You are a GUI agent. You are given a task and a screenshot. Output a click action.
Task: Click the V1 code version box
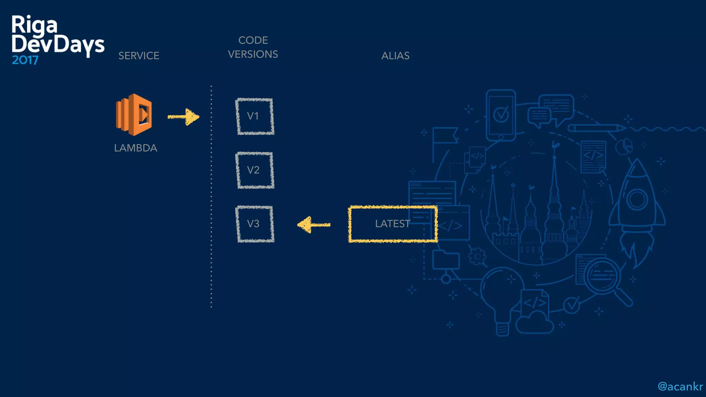click(x=255, y=116)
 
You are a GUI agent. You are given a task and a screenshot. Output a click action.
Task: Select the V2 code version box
click(x=255, y=170)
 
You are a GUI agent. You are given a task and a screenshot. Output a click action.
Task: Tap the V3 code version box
click(x=255, y=224)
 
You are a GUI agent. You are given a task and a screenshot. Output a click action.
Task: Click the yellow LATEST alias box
click(x=393, y=224)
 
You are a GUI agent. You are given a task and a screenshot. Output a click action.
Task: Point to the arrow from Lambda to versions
click(x=184, y=117)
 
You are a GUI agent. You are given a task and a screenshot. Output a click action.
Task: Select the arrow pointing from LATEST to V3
click(x=313, y=225)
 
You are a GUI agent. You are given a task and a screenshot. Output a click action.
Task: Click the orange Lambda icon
click(x=134, y=114)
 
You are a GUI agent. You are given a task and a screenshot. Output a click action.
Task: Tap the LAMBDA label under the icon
click(x=135, y=148)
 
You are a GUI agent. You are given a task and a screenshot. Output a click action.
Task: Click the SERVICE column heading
click(x=139, y=56)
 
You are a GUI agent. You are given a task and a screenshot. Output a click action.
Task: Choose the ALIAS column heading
click(x=395, y=56)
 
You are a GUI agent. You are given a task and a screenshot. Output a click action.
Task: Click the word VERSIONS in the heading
click(x=253, y=54)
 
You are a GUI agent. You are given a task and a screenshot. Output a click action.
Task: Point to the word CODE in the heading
click(x=253, y=40)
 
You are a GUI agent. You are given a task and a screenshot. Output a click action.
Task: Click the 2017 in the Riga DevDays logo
click(x=25, y=60)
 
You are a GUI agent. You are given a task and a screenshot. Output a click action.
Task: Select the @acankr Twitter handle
click(x=680, y=387)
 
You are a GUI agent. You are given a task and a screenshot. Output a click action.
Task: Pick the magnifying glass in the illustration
click(x=607, y=279)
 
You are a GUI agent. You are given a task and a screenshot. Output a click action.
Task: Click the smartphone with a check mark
click(x=501, y=115)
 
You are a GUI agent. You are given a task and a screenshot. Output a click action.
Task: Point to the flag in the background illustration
click(x=445, y=136)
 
